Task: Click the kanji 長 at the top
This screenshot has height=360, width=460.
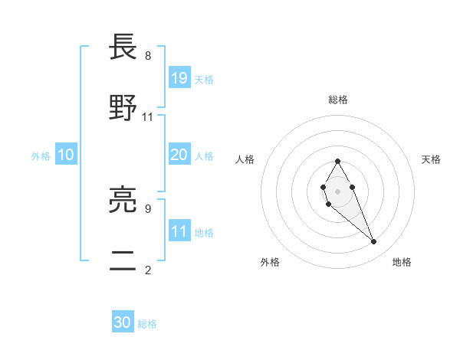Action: click(x=123, y=48)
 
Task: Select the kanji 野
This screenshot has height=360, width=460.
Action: click(x=123, y=109)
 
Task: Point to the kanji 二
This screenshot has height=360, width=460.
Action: click(x=123, y=261)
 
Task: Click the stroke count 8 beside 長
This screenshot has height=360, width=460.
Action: click(x=148, y=55)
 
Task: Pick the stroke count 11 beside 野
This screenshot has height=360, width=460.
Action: click(x=148, y=116)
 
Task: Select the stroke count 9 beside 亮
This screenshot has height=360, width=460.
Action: click(x=148, y=208)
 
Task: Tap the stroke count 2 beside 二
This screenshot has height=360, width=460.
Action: click(x=148, y=269)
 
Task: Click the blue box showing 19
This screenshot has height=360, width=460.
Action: click(x=179, y=78)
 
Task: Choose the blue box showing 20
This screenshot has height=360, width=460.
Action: click(x=179, y=155)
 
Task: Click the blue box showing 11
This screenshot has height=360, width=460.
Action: click(x=179, y=231)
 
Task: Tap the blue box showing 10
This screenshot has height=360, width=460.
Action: click(x=66, y=155)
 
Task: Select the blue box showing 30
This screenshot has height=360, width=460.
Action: click(x=123, y=323)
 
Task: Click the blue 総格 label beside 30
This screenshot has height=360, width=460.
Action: click(x=147, y=324)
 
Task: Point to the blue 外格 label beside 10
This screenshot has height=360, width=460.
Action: click(x=41, y=155)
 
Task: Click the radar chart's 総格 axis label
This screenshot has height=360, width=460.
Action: click(x=337, y=100)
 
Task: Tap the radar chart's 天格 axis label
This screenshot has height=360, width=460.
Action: click(x=431, y=159)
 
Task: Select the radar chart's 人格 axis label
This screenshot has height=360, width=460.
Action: click(x=245, y=159)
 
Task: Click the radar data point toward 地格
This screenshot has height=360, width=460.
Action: click(x=374, y=242)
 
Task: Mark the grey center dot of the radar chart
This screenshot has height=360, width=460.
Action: click(x=337, y=190)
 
